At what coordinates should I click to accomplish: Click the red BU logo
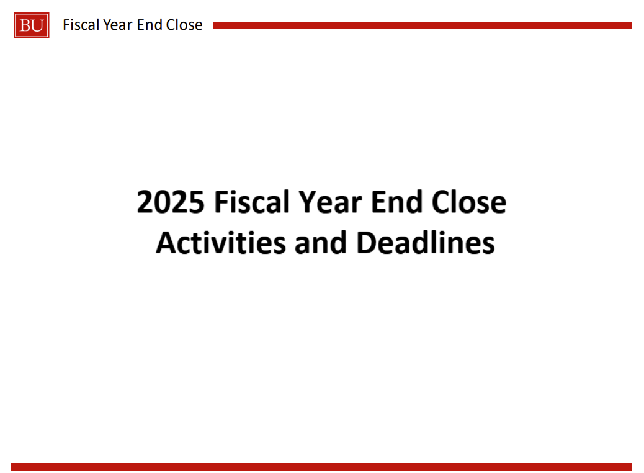[32, 25]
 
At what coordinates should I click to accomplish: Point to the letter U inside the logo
[37, 26]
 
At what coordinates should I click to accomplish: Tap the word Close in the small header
[184, 25]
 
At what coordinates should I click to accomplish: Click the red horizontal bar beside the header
[423, 26]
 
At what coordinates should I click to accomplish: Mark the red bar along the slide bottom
[321, 466]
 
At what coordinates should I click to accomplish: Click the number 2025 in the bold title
[171, 202]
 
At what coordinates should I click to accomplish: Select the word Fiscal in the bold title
[253, 202]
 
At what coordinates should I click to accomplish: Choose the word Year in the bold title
[330, 202]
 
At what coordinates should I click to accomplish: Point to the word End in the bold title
[396, 202]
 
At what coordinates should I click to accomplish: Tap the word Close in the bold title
[468, 202]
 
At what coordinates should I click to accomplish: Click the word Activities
[221, 243]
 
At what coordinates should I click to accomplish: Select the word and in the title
[321, 243]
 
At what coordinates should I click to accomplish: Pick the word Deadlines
[426, 243]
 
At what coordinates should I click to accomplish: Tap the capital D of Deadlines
[366, 243]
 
